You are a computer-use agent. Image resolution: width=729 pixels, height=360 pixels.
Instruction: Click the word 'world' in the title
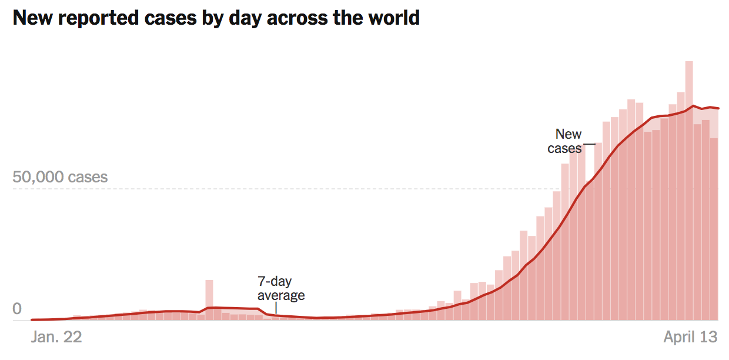tap(391, 18)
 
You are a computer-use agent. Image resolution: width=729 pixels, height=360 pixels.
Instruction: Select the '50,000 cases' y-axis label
tap(60, 177)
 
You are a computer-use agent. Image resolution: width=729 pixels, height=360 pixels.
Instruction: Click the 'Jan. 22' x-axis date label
tap(55, 337)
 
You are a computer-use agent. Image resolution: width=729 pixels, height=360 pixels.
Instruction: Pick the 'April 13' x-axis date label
tap(690, 337)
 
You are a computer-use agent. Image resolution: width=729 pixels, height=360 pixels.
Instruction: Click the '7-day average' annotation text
tap(281, 288)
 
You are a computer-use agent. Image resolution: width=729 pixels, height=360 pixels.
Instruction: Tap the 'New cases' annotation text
tap(566, 141)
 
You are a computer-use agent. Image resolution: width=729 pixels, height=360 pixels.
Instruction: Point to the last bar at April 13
tap(714, 229)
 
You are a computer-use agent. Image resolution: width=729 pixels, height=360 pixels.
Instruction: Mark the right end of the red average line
tap(718, 108)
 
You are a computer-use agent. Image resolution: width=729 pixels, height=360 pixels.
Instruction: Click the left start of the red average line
tap(32, 320)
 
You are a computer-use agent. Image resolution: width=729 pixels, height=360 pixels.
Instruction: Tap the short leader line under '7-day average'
tap(276, 308)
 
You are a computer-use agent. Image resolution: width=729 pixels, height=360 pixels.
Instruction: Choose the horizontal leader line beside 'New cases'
tap(589, 144)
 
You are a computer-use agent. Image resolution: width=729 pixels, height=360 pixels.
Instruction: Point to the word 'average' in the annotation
tap(281, 295)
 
